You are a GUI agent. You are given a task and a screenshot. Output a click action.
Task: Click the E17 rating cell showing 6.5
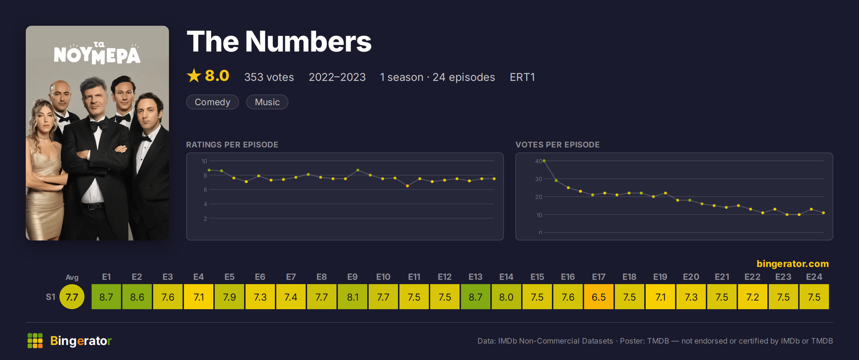click(x=599, y=297)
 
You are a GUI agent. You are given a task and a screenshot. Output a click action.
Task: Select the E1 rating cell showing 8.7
click(x=106, y=297)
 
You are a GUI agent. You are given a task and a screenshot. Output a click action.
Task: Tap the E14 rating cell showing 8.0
click(x=506, y=297)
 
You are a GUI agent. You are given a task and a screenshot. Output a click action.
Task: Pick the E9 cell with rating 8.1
click(x=353, y=297)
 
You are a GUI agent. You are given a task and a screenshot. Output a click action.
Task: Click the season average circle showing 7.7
click(x=72, y=297)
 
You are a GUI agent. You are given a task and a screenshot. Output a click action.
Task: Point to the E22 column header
click(x=752, y=277)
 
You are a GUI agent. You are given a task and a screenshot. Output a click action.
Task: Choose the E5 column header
click(x=229, y=277)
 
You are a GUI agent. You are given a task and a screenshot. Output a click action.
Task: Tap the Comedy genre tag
click(x=213, y=102)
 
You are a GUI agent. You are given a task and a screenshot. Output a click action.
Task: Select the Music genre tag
click(x=267, y=102)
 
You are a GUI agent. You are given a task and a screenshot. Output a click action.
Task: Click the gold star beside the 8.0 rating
click(x=194, y=76)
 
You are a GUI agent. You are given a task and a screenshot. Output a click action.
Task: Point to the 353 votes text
click(x=269, y=77)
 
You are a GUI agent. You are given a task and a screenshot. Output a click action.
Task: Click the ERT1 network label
click(x=522, y=77)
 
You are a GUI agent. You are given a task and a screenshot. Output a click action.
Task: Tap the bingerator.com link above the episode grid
click(x=793, y=264)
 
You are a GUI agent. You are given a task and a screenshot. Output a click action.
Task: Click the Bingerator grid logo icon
click(x=35, y=341)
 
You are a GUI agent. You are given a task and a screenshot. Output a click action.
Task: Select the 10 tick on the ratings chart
click(x=204, y=161)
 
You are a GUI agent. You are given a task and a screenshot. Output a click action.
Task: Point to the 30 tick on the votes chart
click(x=539, y=179)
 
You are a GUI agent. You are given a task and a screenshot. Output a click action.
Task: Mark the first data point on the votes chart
click(x=544, y=161)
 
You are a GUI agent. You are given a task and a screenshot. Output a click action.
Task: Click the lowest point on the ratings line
click(x=407, y=186)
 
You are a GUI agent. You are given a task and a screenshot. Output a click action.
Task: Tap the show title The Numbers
click(x=279, y=42)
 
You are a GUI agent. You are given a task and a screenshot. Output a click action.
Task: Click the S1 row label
click(x=50, y=297)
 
